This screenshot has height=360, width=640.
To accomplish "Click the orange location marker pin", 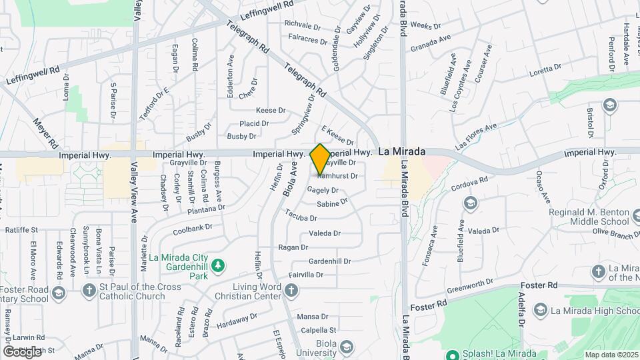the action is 320,159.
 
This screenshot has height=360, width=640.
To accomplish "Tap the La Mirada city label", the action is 401,152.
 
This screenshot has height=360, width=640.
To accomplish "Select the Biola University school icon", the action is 346,346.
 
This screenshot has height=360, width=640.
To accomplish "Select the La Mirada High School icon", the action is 540,310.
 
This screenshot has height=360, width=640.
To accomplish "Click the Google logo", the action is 21,351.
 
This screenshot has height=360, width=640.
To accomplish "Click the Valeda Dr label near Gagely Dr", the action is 325,233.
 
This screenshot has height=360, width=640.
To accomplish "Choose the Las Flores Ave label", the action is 476,137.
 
